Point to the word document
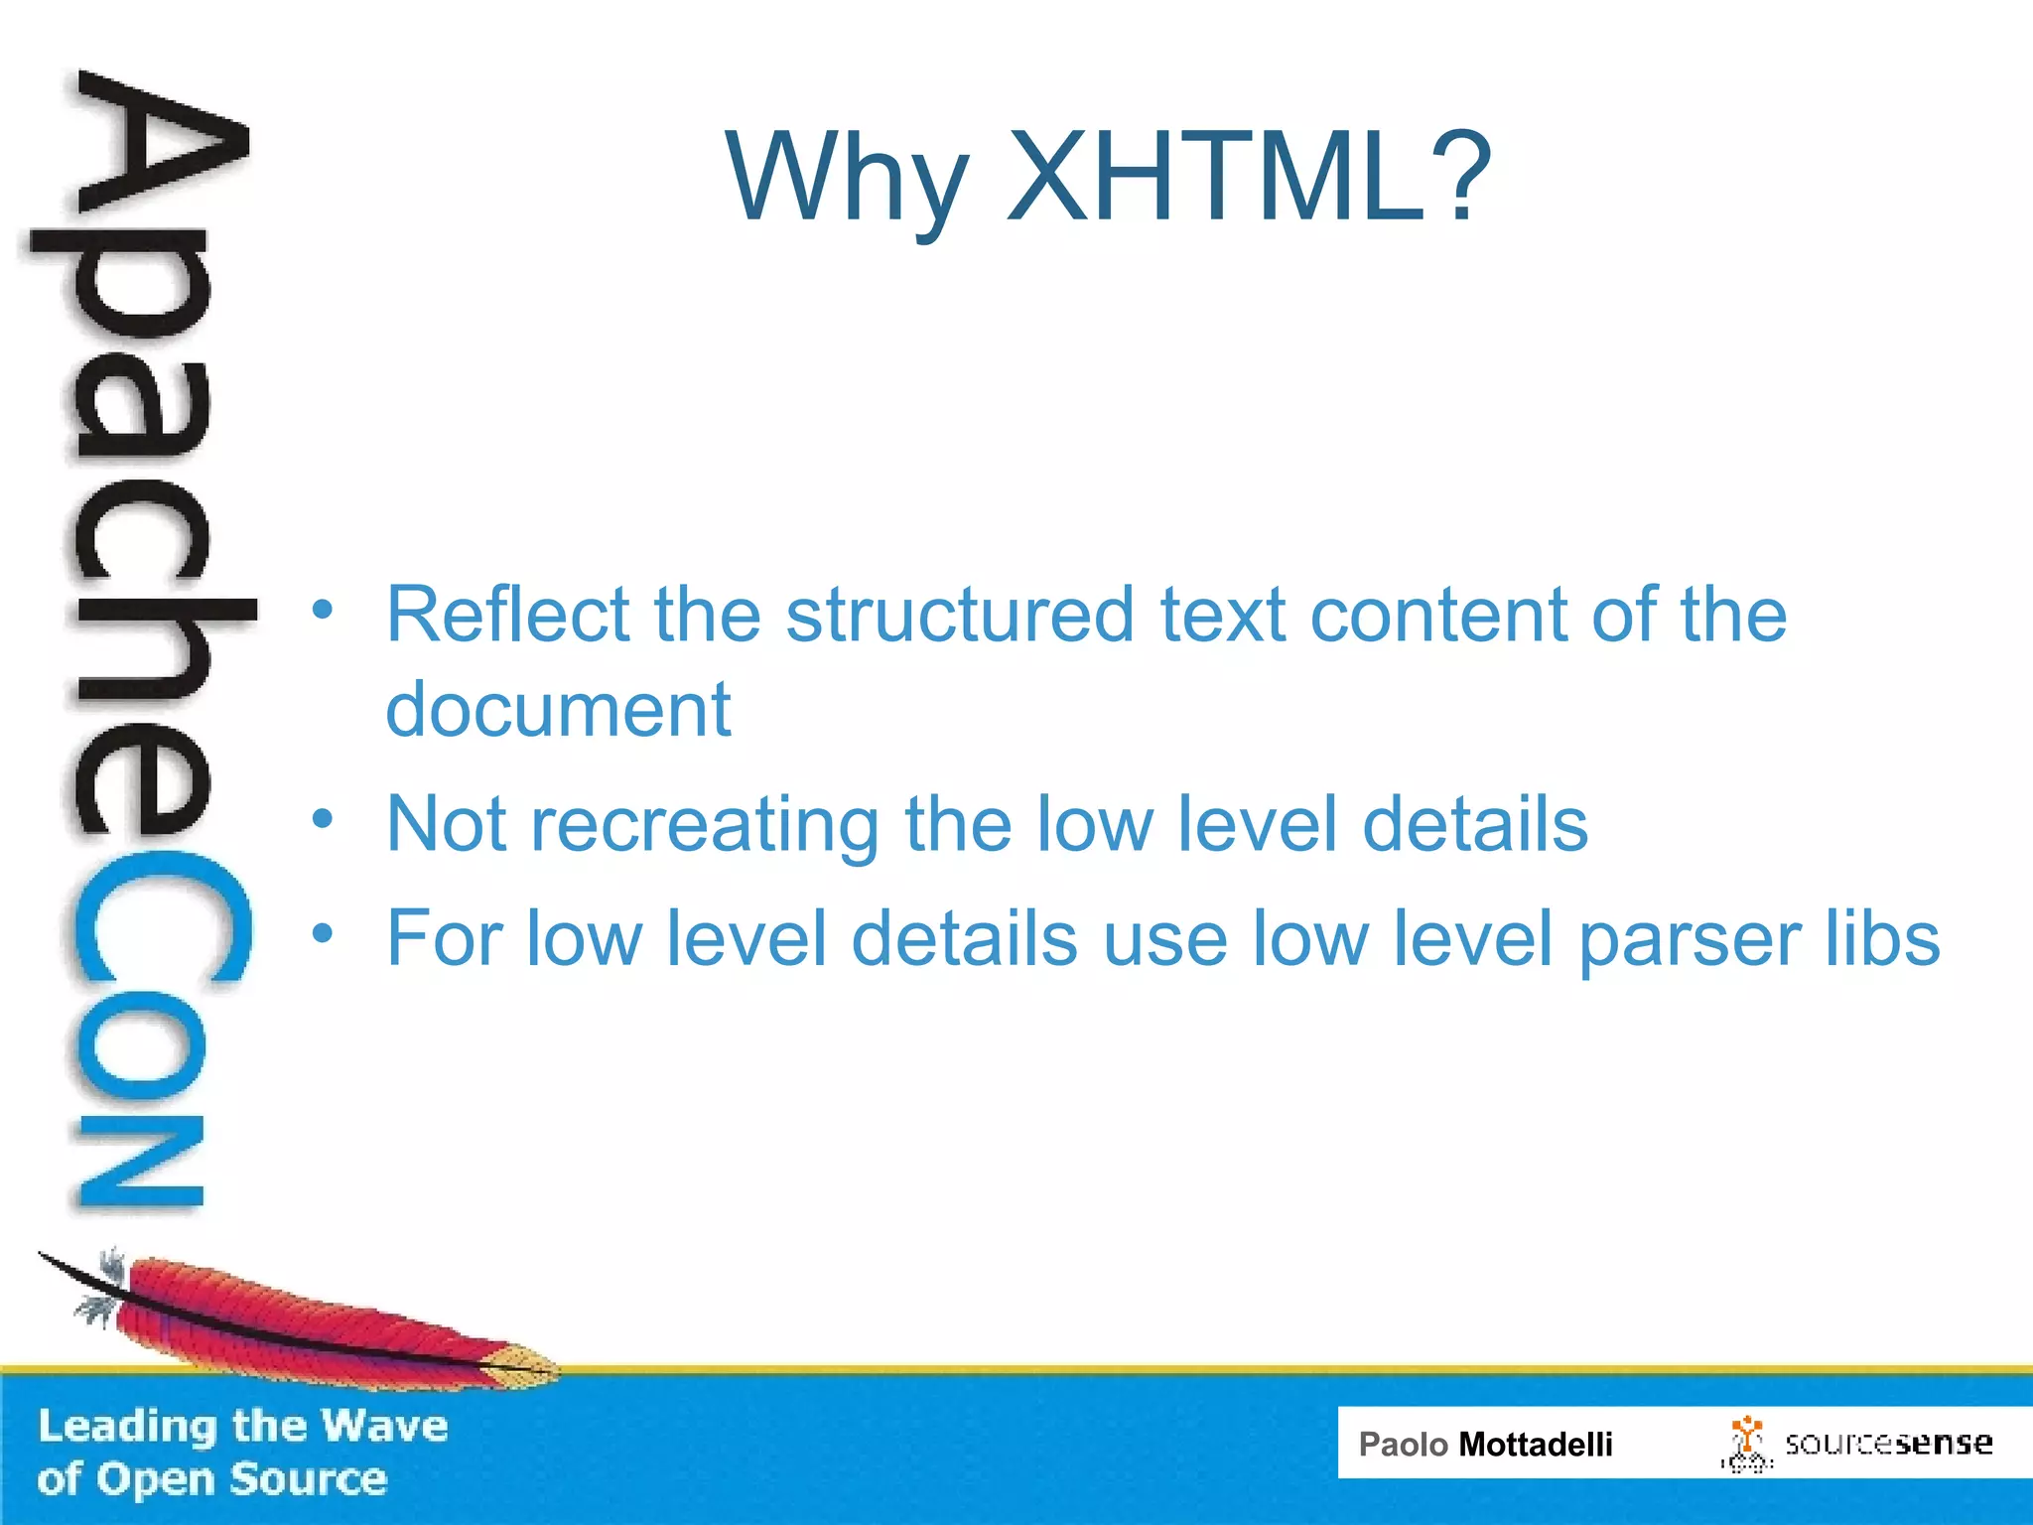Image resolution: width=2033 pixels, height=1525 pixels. tap(558, 710)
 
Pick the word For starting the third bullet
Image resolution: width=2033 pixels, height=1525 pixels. tap(447, 938)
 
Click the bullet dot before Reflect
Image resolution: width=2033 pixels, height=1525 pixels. tap(322, 609)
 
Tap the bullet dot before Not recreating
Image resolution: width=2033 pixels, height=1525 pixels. tap(322, 819)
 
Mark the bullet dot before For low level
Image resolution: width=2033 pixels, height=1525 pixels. tap(322, 933)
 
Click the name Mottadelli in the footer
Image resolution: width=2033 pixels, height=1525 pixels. tap(1535, 1445)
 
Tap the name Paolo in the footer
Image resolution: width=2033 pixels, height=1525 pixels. tap(1403, 1445)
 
